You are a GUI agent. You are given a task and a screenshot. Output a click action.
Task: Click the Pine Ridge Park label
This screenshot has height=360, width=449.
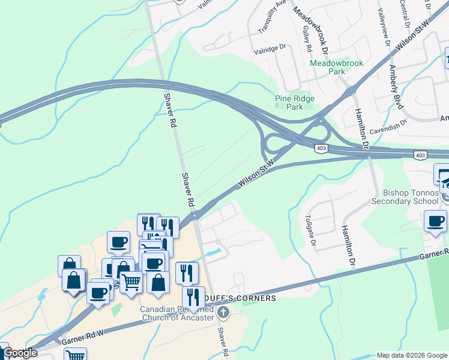click(x=294, y=103)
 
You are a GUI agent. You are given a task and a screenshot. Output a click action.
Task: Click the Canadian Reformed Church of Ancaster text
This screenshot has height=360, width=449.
click(x=177, y=313)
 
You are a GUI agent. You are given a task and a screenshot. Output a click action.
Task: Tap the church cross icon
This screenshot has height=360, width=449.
click(x=223, y=312)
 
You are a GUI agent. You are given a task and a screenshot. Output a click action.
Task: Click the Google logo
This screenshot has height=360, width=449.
click(x=20, y=353)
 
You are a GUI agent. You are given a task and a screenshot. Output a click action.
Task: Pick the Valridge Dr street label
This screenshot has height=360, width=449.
click(x=271, y=53)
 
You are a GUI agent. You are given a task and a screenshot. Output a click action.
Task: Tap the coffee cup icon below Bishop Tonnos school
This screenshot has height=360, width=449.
click(x=435, y=221)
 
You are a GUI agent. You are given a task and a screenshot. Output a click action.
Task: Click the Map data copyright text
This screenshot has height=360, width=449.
click(x=412, y=355)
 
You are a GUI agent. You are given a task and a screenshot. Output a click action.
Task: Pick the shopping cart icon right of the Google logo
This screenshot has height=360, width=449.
click(x=75, y=355)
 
